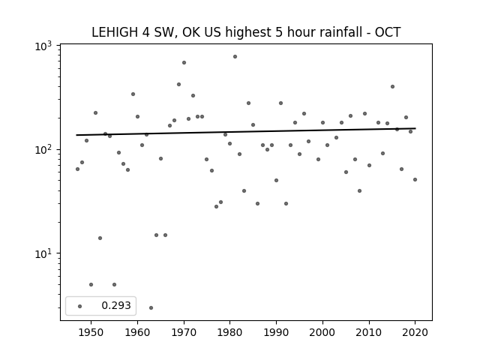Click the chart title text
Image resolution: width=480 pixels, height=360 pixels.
click(x=246, y=32)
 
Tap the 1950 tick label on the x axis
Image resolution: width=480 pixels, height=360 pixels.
click(x=91, y=332)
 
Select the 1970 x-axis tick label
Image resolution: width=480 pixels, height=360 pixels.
click(x=184, y=332)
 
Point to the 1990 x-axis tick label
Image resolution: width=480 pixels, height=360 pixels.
click(x=277, y=332)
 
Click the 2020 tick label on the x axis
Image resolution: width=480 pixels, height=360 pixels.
click(x=415, y=332)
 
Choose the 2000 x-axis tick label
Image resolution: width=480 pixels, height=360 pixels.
click(x=322, y=332)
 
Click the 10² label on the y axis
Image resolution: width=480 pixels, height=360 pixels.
click(x=43, y=149)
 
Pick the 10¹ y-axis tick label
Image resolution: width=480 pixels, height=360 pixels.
click(x=43, y=253)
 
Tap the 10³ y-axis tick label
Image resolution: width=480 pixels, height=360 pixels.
click(x=43, y=46)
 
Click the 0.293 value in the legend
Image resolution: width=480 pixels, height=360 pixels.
click(x=116, y=305)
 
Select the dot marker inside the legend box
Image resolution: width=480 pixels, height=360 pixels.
click(x=80, y=306)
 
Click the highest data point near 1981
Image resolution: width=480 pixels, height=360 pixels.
click(x=235, y=57)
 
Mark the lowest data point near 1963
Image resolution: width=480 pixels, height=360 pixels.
click(x=151, y=307)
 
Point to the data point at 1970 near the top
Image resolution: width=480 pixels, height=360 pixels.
click(x=184, y=63)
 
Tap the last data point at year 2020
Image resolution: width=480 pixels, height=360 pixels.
click(x=415, y=180)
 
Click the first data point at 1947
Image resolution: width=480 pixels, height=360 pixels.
click(x=77, y=169)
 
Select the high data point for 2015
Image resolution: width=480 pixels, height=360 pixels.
click(x=392, y=87)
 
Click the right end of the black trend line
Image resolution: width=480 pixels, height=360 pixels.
click(x=415, y=128)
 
